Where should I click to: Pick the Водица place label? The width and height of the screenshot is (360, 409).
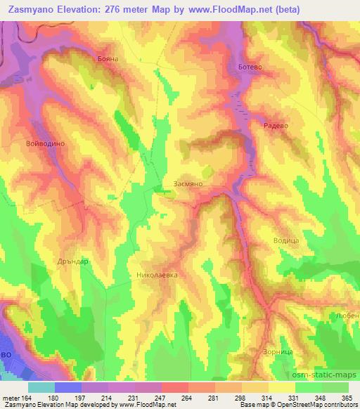click(x=286, y=240)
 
